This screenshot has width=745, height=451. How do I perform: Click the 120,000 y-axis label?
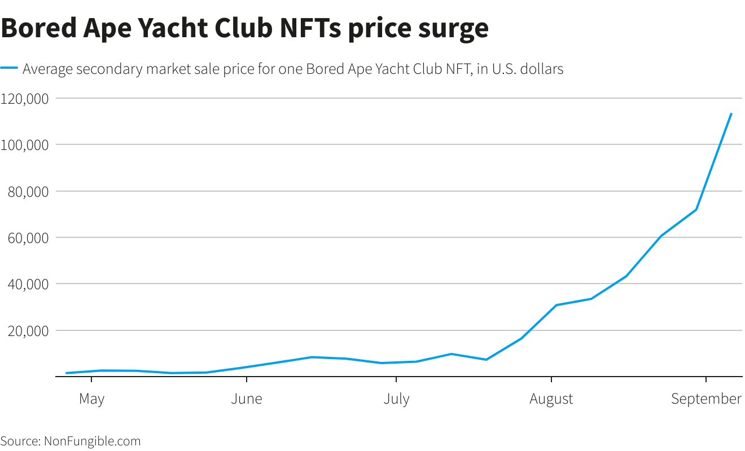(x=25, y=99)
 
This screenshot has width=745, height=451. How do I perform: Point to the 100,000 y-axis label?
(x=25, y=145)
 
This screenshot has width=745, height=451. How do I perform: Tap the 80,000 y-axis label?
(x=28, y=192)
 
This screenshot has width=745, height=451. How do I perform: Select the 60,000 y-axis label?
(x=28, y=238)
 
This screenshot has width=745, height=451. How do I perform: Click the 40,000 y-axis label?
(x=28, y=284)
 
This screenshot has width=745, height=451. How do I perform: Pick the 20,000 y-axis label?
(x=28, y=331)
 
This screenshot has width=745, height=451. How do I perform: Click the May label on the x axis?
(x=91, y=399)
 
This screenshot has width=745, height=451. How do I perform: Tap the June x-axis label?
(x=247, y=399)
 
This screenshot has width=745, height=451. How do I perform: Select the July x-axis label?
(x=396, y=399)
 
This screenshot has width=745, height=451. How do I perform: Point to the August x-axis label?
(x=551, y=399)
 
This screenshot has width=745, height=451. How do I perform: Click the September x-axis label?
(x=705, y=399)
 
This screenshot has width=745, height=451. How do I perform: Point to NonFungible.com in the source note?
(x=92, y=441)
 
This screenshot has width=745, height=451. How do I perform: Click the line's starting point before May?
(x=67, y=373)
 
